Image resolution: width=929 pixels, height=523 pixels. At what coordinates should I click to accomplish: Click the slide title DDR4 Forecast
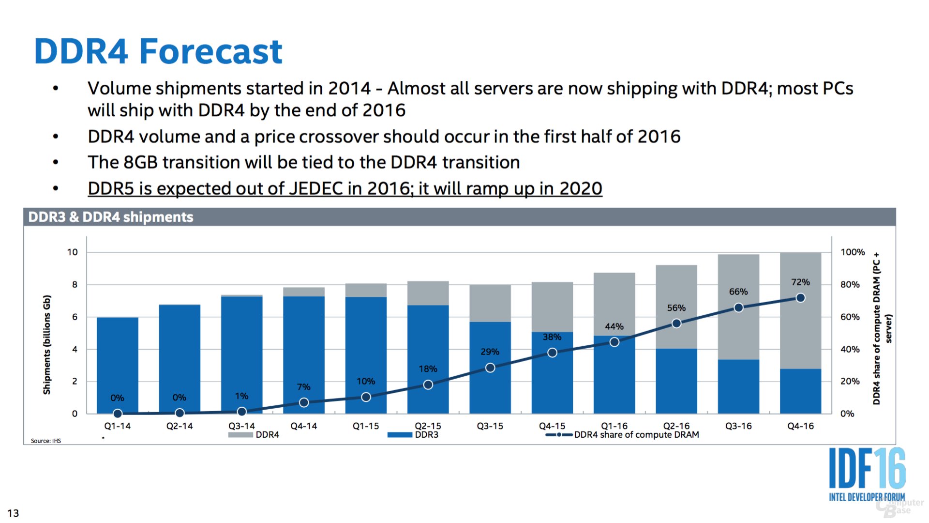coord(158,51)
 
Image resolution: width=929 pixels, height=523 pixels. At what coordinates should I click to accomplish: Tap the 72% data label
coord(800,282)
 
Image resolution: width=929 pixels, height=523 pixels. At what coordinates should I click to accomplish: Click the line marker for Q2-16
coord(676,323)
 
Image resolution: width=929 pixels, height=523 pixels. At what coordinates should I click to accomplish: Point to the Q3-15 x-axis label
coord(490,426)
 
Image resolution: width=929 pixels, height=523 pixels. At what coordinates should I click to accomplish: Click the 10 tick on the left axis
coord(73,252)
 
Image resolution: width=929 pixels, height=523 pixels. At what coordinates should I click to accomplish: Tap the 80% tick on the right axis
coord(850,285)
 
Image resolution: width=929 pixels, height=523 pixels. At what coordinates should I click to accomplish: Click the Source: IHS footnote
coord(46,441)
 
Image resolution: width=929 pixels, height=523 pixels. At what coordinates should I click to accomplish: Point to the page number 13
coord(13,513)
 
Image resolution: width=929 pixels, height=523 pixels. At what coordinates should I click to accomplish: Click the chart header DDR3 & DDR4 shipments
coord(111,217)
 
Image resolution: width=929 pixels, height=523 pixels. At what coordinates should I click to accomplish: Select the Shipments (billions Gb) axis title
coord(47,344)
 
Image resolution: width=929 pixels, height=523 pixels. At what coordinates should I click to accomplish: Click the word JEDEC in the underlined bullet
coord(316,188)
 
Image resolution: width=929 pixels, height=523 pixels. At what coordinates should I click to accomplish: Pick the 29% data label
coord(490,352)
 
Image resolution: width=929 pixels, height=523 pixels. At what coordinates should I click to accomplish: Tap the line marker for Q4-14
coord(304,402)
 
